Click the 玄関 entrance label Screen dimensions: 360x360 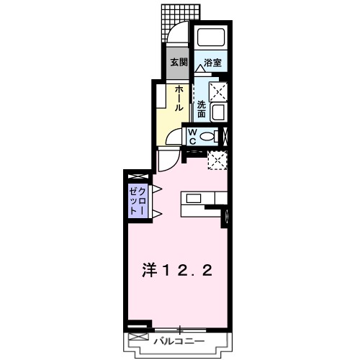click(x=178, y=63)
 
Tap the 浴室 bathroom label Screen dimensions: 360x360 click(x=212, y=63)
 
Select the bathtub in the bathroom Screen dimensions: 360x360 click(x=212, y=39)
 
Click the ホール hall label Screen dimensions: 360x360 click(x=179, y=97)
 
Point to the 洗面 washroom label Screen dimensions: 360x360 click(x=202, y=109)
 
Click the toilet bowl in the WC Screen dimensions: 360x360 click(x=209, y=135)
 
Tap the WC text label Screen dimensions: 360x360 click(x=194, y=135)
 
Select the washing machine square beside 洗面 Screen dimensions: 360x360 click(x=218, y=91)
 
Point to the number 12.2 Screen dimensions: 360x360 click(x=189, y=271)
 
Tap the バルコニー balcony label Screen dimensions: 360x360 click(x=180, y=341)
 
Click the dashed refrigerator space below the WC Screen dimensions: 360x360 click(x=217, y=161)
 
